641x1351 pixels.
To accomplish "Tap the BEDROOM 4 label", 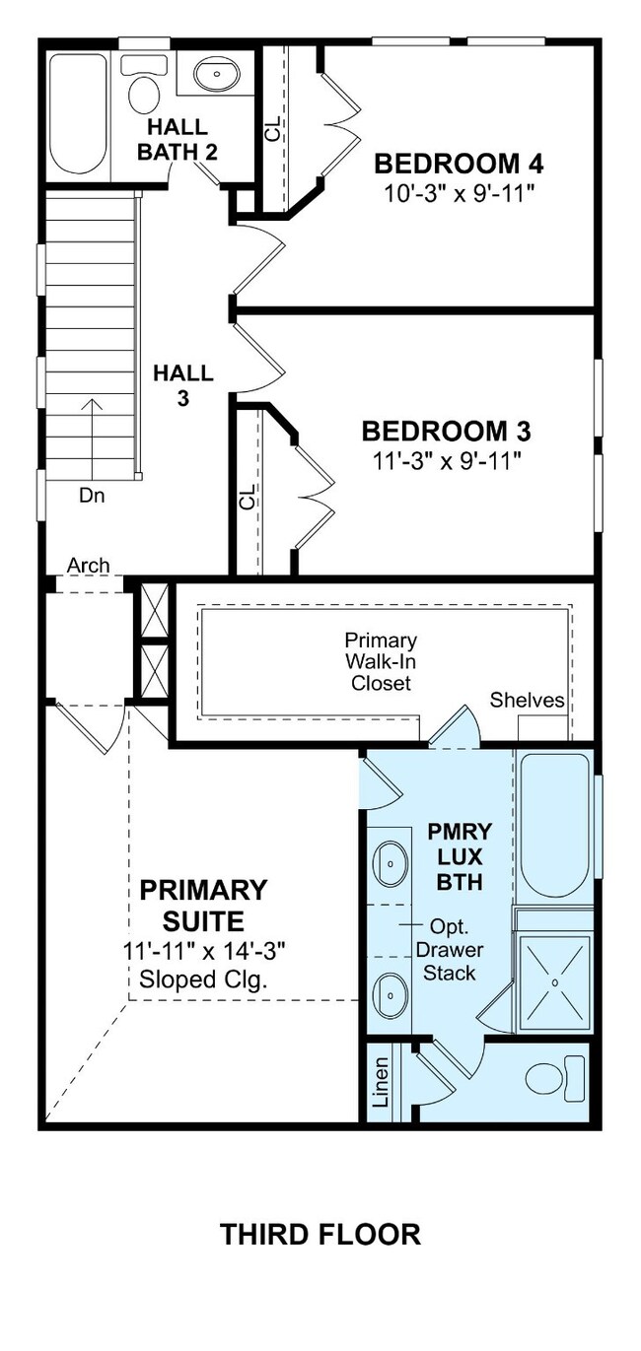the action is (x=459, y=164).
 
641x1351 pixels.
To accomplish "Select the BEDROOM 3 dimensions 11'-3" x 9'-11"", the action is (x=446, y=462).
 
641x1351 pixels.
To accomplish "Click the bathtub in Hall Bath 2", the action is (x=78, y=114).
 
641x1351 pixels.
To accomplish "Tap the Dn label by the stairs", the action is (x=92, y=496).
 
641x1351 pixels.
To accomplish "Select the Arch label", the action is (x=88, y=566).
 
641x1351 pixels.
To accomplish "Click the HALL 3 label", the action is (x=182, y=385).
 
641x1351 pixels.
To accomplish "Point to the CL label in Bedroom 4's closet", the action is (x=273, y=128).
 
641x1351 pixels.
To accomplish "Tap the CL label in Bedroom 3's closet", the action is (x=248, y=497).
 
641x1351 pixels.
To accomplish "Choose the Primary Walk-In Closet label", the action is (x=381, y=661).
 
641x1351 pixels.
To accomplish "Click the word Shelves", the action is (x=527, y=700).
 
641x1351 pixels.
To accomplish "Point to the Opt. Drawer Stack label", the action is (x=450, y=950).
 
